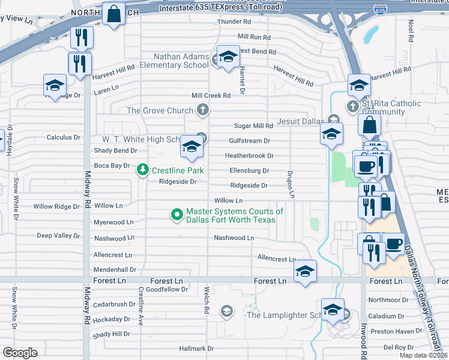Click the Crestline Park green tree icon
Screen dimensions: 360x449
click(143, 170)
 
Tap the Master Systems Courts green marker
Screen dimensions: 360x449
click(177, 214)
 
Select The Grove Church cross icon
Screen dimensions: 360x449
click(203, 110)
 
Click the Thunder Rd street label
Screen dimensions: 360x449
click(229, 22)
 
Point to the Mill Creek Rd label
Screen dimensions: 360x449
click(211, 95)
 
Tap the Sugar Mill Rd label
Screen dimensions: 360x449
click(253, 126)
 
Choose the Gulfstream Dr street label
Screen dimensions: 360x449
click(250, 141)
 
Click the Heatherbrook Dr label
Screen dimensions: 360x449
click(249, 155)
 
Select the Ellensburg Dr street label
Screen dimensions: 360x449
click(249, 170)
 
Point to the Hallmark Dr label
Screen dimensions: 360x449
click(197, 348)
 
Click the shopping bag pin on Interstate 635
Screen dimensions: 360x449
click(113, 13)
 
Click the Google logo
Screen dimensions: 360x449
click(20, 353)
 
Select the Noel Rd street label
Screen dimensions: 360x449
click(411, 29)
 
